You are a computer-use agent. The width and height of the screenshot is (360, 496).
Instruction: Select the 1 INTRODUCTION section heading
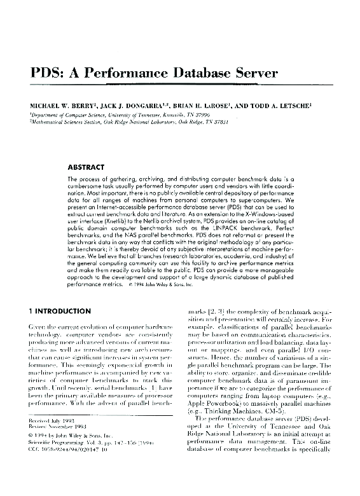pyautogui.click(x=69, y=311)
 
